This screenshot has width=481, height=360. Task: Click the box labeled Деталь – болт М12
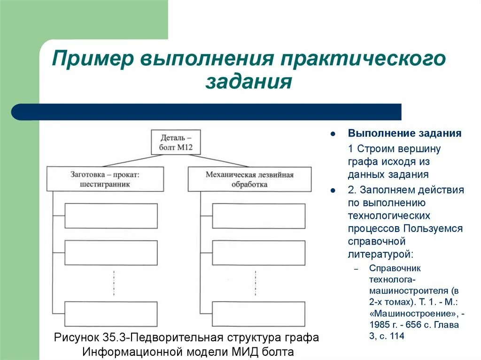pyautogui.click(x=176, y=142)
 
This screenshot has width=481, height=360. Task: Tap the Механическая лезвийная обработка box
pyautogui.click(x=249, y=179)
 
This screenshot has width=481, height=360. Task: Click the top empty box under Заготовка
pyautogui.click(x=111, y=215)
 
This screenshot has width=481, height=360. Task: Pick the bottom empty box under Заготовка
pyautogui.click(x=111, y=314)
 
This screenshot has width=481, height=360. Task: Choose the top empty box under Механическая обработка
pyautogui.click(x=258, y=215)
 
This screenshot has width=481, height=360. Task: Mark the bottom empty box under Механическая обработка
pyautogui.click(x=258, y=314)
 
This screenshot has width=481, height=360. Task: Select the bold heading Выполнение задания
pyautogui.click(x=404, y=133)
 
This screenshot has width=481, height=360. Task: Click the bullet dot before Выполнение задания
pyautogui.click(x=333, y=134)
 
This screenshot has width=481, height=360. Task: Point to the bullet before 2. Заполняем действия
pyautogui.click(x=333, y=191)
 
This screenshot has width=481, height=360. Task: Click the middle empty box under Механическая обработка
pyautogui.click(x=258, y=253)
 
